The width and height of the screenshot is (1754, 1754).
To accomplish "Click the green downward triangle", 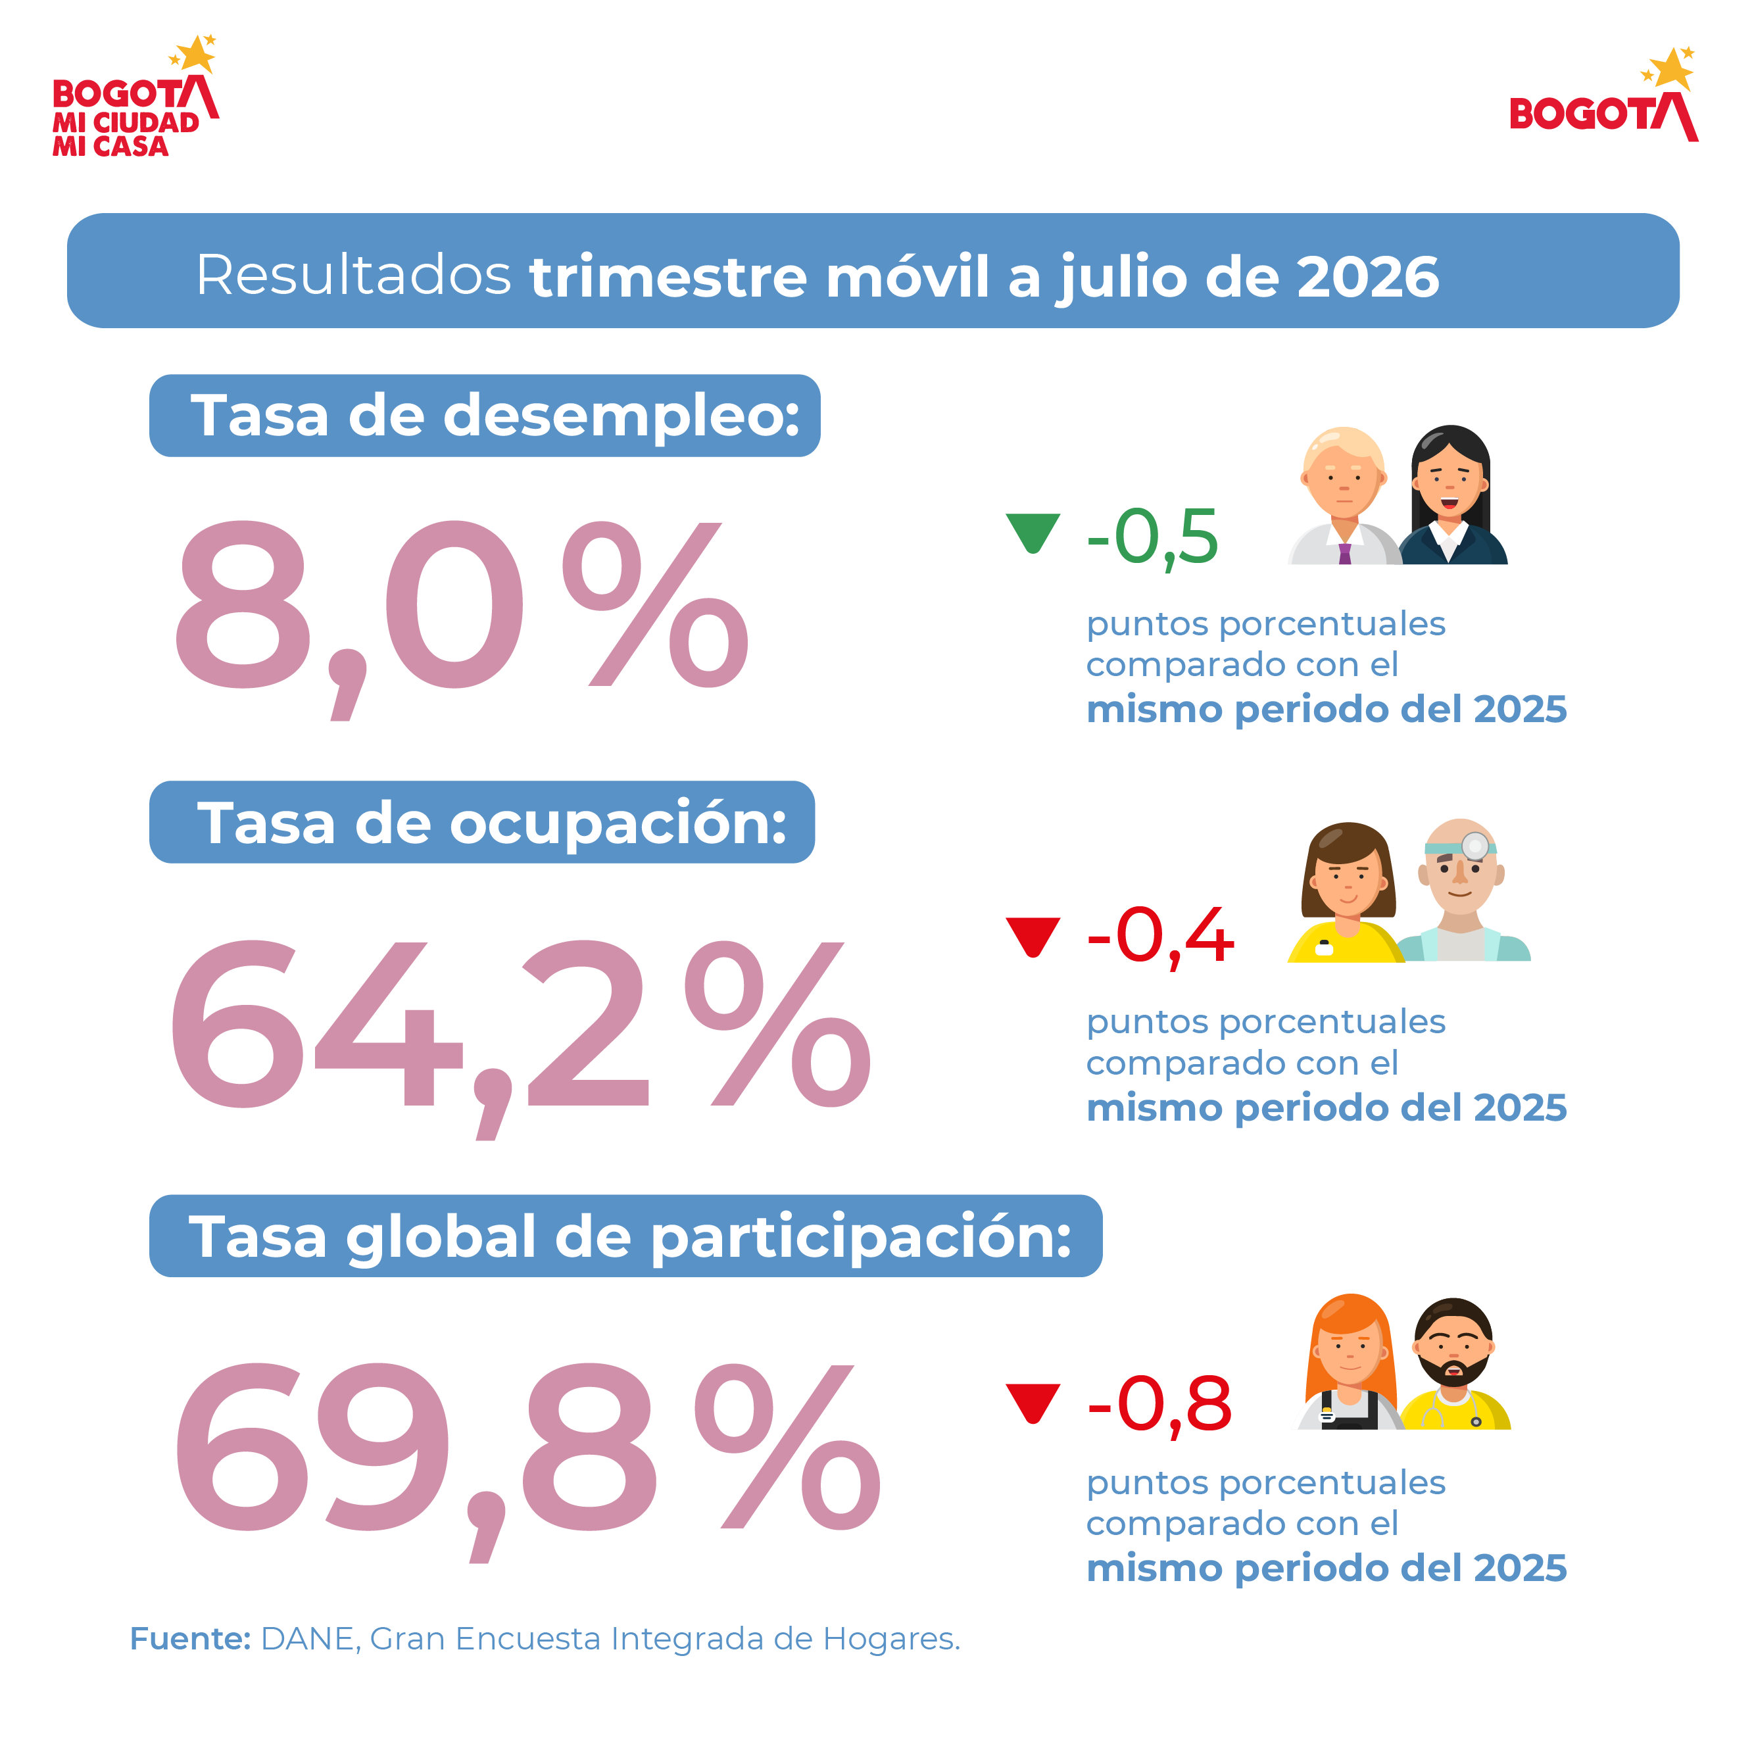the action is pyautogui.click(x=1033, y=530).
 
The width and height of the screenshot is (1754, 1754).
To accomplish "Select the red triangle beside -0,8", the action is pyautogui.click(x=1033, y=1401).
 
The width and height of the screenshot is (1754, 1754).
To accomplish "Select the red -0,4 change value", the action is pyautogui.click(x=1160, y=937).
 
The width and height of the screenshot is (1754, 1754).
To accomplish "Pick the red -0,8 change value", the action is pyautogui.click(x=1159, y=1405).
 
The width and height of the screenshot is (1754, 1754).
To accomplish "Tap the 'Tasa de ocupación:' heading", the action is pyautogui.click(x=492, y=823).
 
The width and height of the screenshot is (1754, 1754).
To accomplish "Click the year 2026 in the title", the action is pyautogui.click(x=1367, y=277).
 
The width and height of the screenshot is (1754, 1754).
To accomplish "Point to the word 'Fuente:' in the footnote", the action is pyautogui.click(x=191, y=1639).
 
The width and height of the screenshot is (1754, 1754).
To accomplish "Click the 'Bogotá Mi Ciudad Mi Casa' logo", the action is pyautogui.click(x=135, y=96).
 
